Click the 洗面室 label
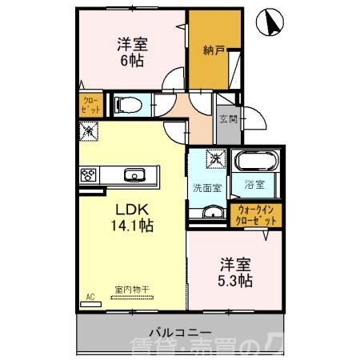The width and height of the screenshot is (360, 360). coord(206,188)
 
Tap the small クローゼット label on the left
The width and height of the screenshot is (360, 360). coord(88,105)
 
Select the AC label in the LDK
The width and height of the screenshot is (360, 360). coord(90,297)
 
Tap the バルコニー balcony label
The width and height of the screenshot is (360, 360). coord(179,331)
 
